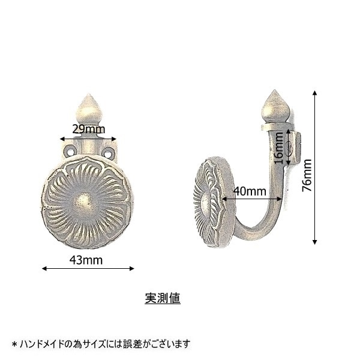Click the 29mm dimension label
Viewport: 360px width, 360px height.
pyautogui.click(x=89, y=129)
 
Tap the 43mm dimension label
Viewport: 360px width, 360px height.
pyautogui.click(x=86, y=260)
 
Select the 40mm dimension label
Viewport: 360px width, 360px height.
pyautogui.click(x=250, y=191)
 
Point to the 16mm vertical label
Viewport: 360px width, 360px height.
pyautogui.click(x=279, y=148)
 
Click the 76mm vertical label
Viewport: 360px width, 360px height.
pyautogui.click(x=307, y=175)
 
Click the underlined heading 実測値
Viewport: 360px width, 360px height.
pyautogui.click(x=163, y=298)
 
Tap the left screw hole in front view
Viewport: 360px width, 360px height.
pyautogui.click(x=70, y=151)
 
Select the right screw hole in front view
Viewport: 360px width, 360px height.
pyautogui.click(x=108, y=152)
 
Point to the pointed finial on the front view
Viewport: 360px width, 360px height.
pyautogui.click(x=89, y=108)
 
